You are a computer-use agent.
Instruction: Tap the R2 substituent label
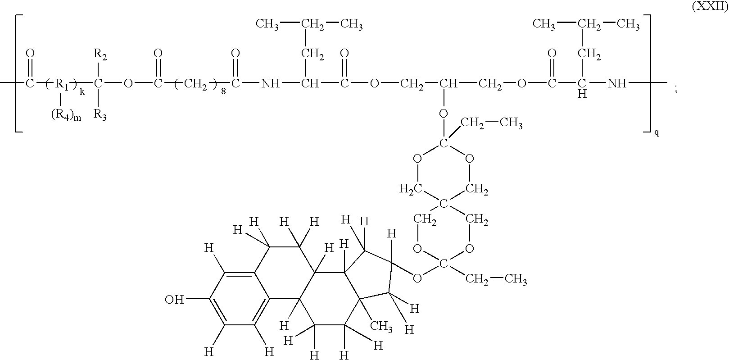100,55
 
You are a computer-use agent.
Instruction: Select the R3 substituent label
100,115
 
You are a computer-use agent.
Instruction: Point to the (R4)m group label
66,116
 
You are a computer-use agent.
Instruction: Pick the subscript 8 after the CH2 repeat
223,91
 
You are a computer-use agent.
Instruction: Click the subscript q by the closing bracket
657,132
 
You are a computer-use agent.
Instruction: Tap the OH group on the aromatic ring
174,300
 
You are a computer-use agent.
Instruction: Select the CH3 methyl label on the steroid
381,325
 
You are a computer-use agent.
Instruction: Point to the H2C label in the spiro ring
411,189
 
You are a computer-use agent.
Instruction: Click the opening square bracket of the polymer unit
18,73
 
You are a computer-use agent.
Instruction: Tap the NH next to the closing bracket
617,84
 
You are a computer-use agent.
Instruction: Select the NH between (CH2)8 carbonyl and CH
271,84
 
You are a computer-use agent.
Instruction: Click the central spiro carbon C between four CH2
443,204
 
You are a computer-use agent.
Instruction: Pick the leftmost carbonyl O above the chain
30,53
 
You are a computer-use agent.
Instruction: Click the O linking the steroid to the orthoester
417,278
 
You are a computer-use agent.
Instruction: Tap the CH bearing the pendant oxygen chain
448,84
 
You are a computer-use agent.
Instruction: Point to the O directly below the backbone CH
443,114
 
